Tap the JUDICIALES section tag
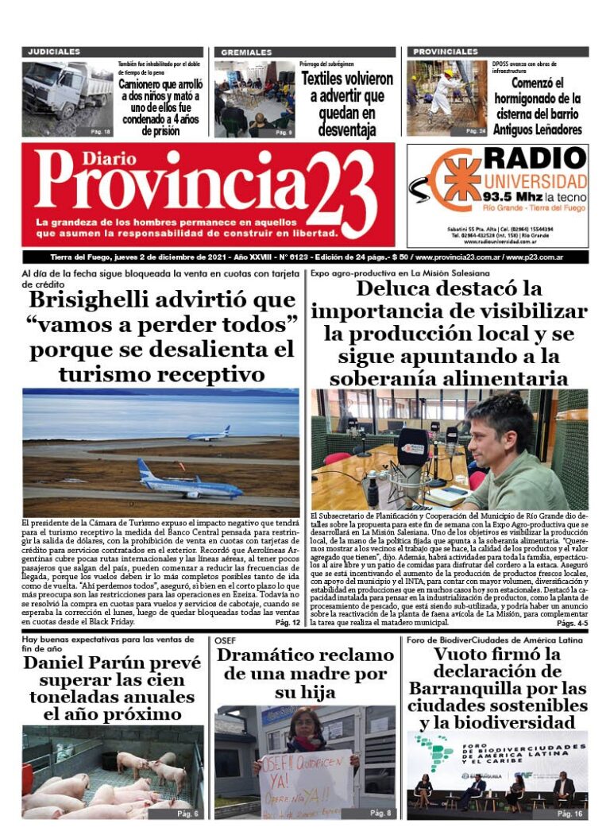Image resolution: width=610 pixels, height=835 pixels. tap(54, 52)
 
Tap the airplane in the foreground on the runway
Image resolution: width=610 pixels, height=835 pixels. tap(187, 481)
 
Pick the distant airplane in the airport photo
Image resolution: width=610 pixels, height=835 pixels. tap(208, 434)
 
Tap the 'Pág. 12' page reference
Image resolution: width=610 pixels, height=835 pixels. tap(287, 623)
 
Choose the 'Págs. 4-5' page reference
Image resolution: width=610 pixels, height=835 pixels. tap(571, 624)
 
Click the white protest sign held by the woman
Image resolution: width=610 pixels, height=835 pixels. tap(306, 783)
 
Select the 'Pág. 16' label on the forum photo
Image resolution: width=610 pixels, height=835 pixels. tap(569, 814)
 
